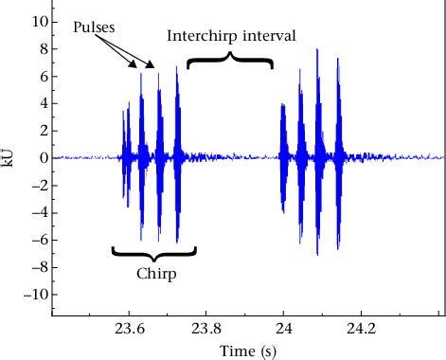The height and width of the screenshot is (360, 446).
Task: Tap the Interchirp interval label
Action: click(x=231, y=36)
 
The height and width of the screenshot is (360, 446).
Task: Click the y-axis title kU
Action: click(x=9, y=157)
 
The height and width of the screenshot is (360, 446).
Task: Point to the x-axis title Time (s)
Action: click(x=248, y=351)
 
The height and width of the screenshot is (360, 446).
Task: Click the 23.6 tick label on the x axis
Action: click(x=130, y=330)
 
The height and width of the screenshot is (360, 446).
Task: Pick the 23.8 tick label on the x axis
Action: click(x=206, y=330)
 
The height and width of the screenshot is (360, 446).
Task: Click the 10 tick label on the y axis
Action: click(x=38, y=20)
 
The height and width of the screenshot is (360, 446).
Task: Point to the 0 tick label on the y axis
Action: click(x=42, y=157)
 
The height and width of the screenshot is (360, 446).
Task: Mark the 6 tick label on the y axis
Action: click(x=42, y=75)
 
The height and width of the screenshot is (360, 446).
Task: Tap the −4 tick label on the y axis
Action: click(x=38, y=212)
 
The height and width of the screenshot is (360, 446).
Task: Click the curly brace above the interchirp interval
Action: click(x=230, y=62)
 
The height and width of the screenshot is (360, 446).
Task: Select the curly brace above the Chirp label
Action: click(x=154, y=253)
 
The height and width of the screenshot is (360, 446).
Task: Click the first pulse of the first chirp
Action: click(x=125, y=156)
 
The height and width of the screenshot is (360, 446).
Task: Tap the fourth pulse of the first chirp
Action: click(x=176, y=156)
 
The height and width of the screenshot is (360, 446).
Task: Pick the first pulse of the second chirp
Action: click(x=283, y=156)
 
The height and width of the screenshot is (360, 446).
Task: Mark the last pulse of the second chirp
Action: click(x=336, y=156)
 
